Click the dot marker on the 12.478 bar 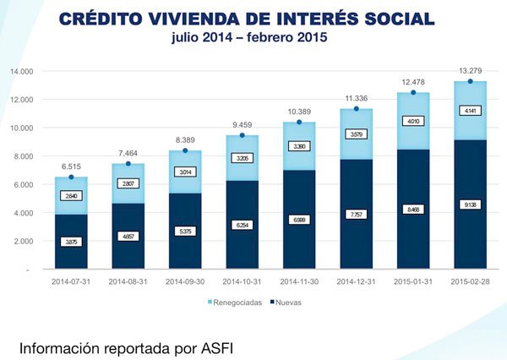click(x=414, y=92)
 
